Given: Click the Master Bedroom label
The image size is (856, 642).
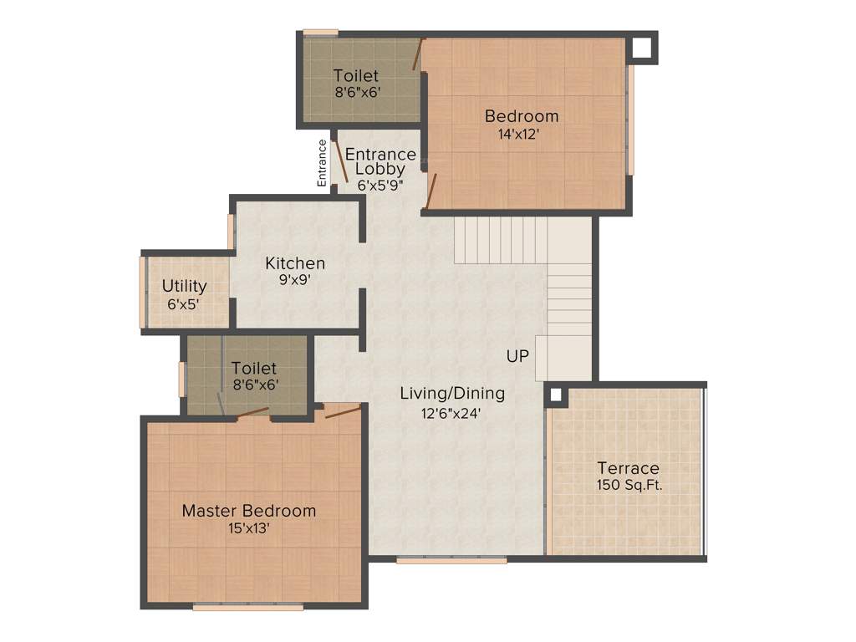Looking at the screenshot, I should [249, 510].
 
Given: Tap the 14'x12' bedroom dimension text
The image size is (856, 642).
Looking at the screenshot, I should [522, 134].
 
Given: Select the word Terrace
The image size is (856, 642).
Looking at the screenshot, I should [628, 468].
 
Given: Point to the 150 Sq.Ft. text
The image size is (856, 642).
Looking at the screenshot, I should [629, 486].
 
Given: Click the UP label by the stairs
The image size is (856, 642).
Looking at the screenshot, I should [517, 356].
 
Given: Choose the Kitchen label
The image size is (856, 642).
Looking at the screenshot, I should [295, 263].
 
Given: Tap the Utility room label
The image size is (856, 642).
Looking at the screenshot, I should [184, 287].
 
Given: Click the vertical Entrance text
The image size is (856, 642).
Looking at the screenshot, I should [322, 162].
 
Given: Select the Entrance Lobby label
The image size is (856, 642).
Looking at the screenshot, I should [380, 161].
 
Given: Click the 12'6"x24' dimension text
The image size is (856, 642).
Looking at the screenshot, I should [451, 412].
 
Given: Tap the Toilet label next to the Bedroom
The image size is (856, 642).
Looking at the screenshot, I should [356, 76].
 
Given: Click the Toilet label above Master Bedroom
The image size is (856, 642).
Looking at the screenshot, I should [254, 368].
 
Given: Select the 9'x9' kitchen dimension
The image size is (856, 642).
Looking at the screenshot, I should [294, 281].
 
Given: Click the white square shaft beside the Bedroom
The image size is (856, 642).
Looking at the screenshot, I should [641, 48].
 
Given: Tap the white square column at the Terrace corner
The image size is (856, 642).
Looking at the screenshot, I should [556, 395].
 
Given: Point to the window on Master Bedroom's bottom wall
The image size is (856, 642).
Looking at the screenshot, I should [247, 607].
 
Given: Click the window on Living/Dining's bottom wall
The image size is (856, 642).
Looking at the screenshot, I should [451, 560].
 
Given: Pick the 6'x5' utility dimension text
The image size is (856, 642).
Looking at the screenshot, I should [184, 305].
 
